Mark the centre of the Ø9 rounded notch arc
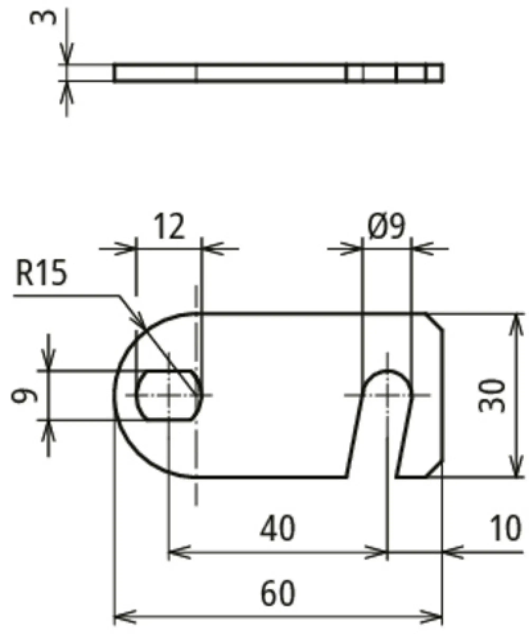click(x=387, y=395)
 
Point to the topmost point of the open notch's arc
click(x=387, y=370)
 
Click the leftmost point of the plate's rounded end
click(x=114, y=395)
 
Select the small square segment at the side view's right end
click(x=434, y=72)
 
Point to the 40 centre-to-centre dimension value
click(x=277, y=528)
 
